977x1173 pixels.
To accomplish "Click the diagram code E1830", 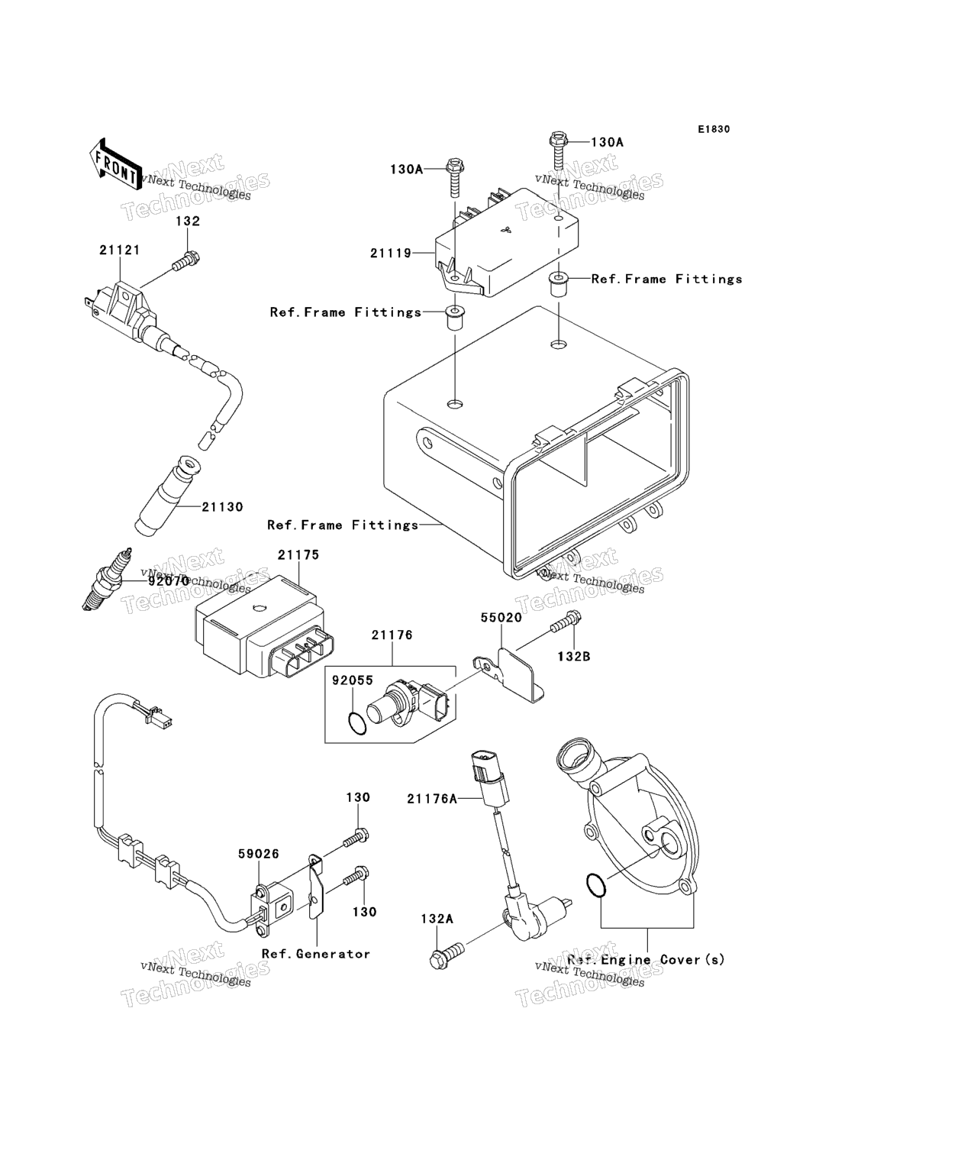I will (713, 129).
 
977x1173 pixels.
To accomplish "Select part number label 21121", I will (119, 250).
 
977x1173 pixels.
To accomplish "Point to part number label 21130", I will (222, 506).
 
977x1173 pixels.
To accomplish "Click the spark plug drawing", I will (108, 581).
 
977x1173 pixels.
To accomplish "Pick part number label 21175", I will (298, 555).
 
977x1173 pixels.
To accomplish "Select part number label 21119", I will (391, 253).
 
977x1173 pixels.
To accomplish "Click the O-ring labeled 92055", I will (356, 722).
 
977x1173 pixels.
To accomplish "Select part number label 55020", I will (501, 617).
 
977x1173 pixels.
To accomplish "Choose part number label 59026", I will (258, 854).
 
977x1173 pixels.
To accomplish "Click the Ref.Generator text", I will (315, 954).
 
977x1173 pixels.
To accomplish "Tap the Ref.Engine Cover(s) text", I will (646, 959).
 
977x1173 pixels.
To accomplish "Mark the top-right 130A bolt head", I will (556, 140).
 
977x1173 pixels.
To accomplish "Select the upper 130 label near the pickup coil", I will (358, 797).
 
